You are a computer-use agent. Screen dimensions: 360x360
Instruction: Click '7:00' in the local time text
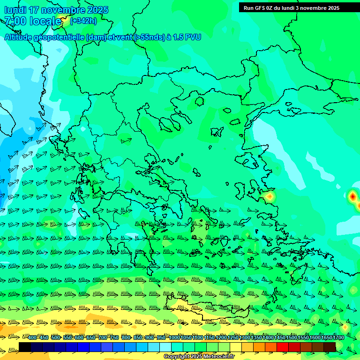tap(15, 21)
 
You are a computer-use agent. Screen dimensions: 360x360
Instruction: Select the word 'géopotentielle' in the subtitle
tap(60, 37)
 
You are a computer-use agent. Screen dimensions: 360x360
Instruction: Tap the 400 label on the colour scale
tap(32, 337)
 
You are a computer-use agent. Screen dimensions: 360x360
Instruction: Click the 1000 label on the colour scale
tap(174, 337)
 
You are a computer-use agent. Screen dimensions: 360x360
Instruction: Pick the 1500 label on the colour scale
tap(279, 337)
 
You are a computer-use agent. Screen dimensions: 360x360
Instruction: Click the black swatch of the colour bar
tap(25, 347)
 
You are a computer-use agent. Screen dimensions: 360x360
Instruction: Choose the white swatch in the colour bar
tap(165, 347)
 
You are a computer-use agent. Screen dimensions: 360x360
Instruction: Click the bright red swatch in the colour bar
tap(283, 347)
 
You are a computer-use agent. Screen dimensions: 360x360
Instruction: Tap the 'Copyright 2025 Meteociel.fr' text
tap(199, 357)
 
